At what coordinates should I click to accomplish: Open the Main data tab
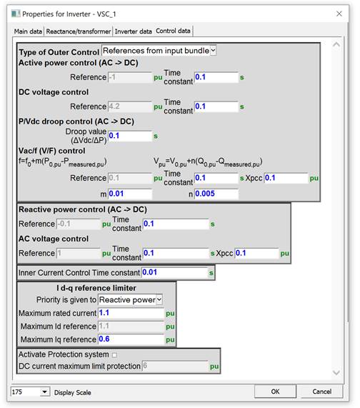pyautogui.click(x=29, y=31)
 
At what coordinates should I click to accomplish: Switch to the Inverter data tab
pyautogui.click(x=132, y=31)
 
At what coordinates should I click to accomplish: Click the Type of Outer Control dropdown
pyautogui.click(x=159, y=50)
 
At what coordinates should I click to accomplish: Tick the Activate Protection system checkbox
pyautogui.click(x=114, y=354)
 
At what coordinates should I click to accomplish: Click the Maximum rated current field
pyautogui.click(x=132, y=312)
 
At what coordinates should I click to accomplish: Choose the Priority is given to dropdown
pyautogui.click(x=131, y=299)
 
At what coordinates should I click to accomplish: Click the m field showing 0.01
pyautogui.click(x=130, y=194)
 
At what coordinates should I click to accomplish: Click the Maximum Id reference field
pyautogui.click(x=132, y=326)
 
